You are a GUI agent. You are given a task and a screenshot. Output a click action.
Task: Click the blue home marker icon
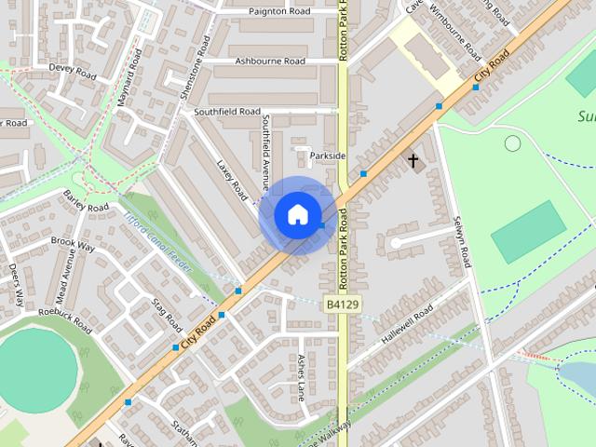[x=297, y=214]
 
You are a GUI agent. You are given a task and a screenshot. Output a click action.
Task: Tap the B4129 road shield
[x=343, y=305]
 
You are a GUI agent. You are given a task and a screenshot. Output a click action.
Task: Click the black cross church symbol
[x=413, y=161]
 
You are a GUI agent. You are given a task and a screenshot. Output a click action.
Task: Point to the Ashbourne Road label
[x=270, y=61]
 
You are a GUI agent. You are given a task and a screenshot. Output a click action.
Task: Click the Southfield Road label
[x=226, y=112]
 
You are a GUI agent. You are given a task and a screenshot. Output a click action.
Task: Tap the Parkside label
[x=328, y=155]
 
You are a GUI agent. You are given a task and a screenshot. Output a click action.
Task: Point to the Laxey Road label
[x=233, y=180]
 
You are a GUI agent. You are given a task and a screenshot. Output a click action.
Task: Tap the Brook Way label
[x=73, y=246]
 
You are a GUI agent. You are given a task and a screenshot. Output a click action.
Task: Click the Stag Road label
[x=168, y=315]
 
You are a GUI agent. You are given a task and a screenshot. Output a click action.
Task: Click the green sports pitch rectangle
[x=528, y=232]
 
